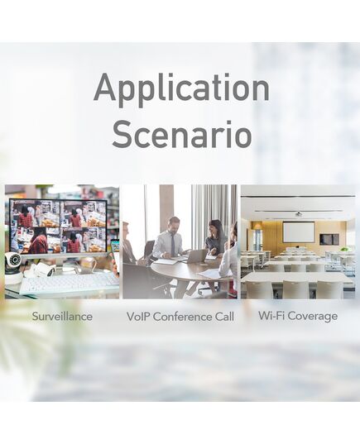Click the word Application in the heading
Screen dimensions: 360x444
(181, 88)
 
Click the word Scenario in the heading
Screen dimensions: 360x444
(182, 135)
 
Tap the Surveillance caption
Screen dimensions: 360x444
(62, 316)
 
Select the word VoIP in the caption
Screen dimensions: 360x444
(138, 317)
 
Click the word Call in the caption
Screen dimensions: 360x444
(224, 317)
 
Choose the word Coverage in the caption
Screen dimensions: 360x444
(311, 317)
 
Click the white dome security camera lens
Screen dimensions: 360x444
(14, 259)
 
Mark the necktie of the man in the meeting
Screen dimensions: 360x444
(173, 245)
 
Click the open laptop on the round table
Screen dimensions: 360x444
(195, 257)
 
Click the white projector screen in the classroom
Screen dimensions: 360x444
(299, 232)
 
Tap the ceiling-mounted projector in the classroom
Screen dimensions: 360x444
(298, 213)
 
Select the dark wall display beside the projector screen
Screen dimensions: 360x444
(329, 239)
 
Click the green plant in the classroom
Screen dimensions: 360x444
(345, 249)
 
